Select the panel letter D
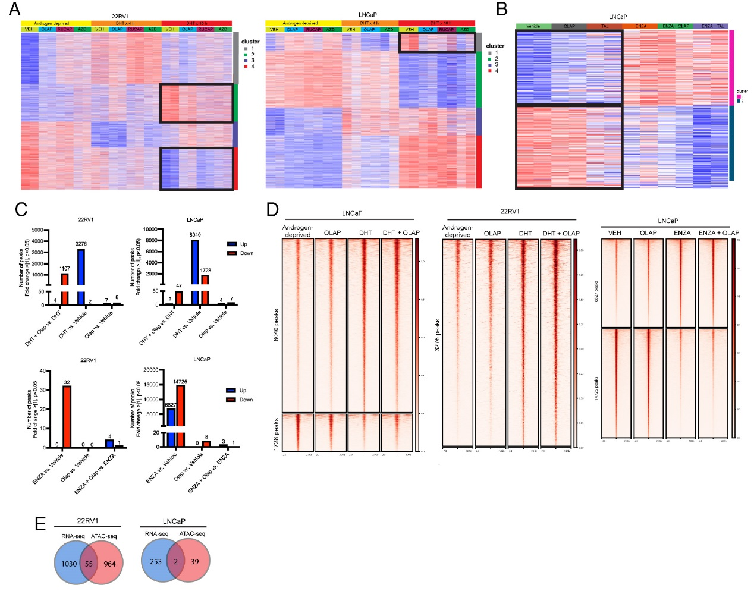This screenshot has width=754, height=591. click(272, 209)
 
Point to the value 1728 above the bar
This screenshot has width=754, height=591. click(206, 271)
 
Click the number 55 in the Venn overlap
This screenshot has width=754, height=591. click(89, 564)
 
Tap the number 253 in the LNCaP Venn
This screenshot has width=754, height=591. click(156, 562)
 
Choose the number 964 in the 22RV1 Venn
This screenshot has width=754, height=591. click(109, 564)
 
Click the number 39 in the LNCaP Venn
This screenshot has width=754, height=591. click(194, 562)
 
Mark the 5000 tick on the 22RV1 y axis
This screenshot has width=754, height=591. click(37, 230)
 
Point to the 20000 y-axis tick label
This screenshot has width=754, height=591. click(151, 370)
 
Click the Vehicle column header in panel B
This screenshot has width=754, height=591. click(533, 26)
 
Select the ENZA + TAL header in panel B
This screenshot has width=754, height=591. click(712, 26)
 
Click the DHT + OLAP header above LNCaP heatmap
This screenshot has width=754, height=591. click(401, 233)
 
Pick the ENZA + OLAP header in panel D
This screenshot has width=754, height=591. click(718, 233)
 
